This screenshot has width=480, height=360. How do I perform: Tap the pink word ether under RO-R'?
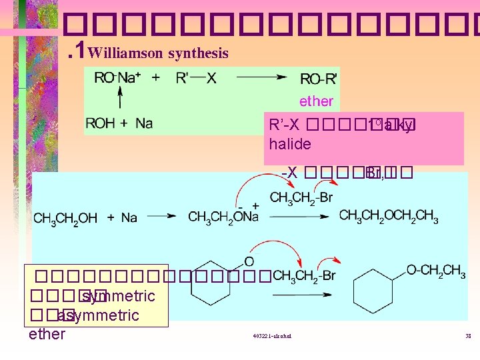click(x=316, y=101)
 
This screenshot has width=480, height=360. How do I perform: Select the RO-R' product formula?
click(x=319, y=79)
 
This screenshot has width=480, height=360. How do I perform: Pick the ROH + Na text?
click(x=119, y=123)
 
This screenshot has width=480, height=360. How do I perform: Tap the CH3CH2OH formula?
click(x=65, y=217)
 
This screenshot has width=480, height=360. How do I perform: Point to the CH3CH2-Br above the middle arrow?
click(x=301, y=197)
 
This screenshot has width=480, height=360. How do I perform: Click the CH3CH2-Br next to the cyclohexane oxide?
click(x=304, y=275)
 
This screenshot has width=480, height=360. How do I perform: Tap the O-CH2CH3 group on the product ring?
click(x=436, y=270)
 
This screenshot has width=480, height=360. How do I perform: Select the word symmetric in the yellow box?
click(x=121, y=295)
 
